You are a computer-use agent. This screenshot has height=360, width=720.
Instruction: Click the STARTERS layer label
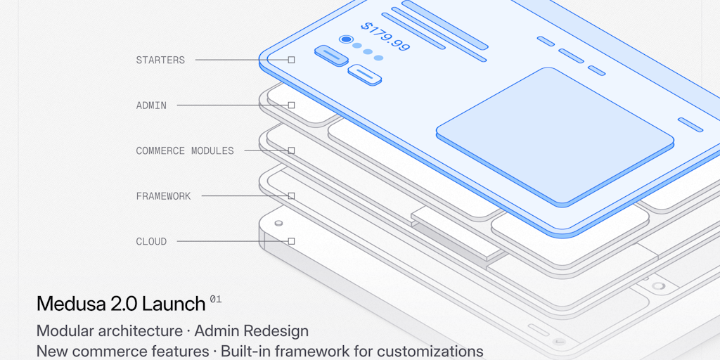tap(160, 60)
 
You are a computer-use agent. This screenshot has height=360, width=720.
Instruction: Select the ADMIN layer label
tap(151, 105)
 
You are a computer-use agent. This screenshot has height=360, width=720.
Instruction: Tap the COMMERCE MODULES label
tap(185, 150)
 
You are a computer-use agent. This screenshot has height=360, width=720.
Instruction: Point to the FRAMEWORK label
tap(163, 196)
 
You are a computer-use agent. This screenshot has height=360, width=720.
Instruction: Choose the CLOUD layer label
tap(151, 241)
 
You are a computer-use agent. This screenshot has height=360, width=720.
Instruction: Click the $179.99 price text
tap(385, 37)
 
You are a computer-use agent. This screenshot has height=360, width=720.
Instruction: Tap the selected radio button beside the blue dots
tap(345, 40)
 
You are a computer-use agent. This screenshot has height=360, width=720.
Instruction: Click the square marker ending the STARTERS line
tap(291, 60)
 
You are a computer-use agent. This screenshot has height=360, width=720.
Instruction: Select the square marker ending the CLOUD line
tap(291, 241)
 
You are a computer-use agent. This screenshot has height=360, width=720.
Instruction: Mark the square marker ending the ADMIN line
tap(291, 105)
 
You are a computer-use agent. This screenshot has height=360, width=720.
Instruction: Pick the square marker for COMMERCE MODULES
tap(291, 150)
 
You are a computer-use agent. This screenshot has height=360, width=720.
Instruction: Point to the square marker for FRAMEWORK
tap(291, 196)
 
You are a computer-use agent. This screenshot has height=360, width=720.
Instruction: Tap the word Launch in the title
tap(174, 304)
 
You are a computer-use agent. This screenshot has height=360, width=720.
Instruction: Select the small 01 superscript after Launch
tap(215, 300)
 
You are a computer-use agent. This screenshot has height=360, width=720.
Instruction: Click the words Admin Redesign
tap(251, 330)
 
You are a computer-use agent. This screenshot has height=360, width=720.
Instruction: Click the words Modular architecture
tap(109, 330)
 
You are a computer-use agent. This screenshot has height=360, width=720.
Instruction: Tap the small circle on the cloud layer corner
tap(279, 224)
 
